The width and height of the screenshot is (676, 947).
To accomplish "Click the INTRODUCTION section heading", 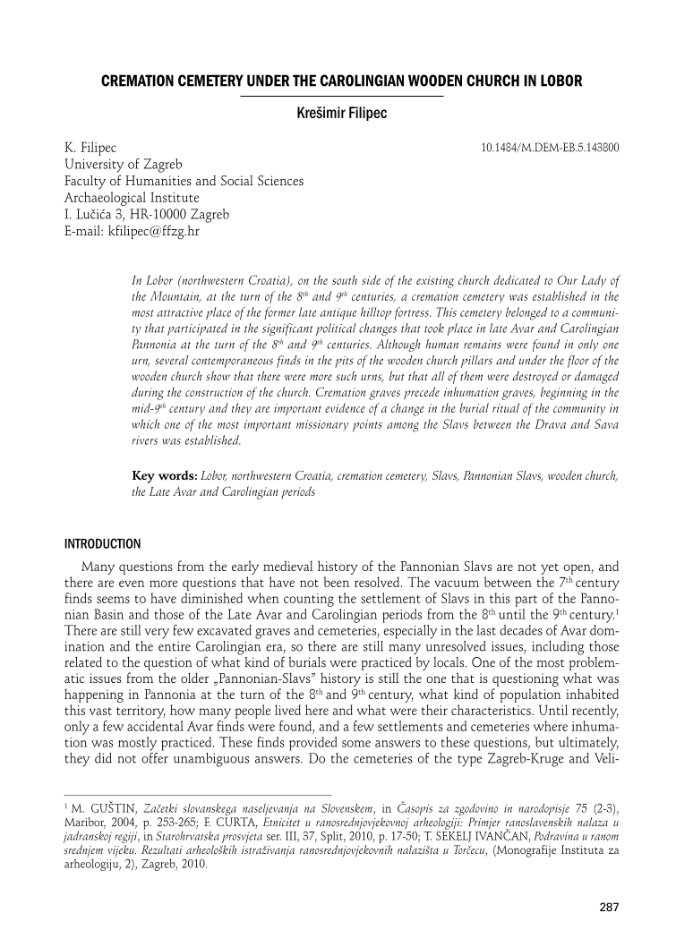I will tap(103, 543).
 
